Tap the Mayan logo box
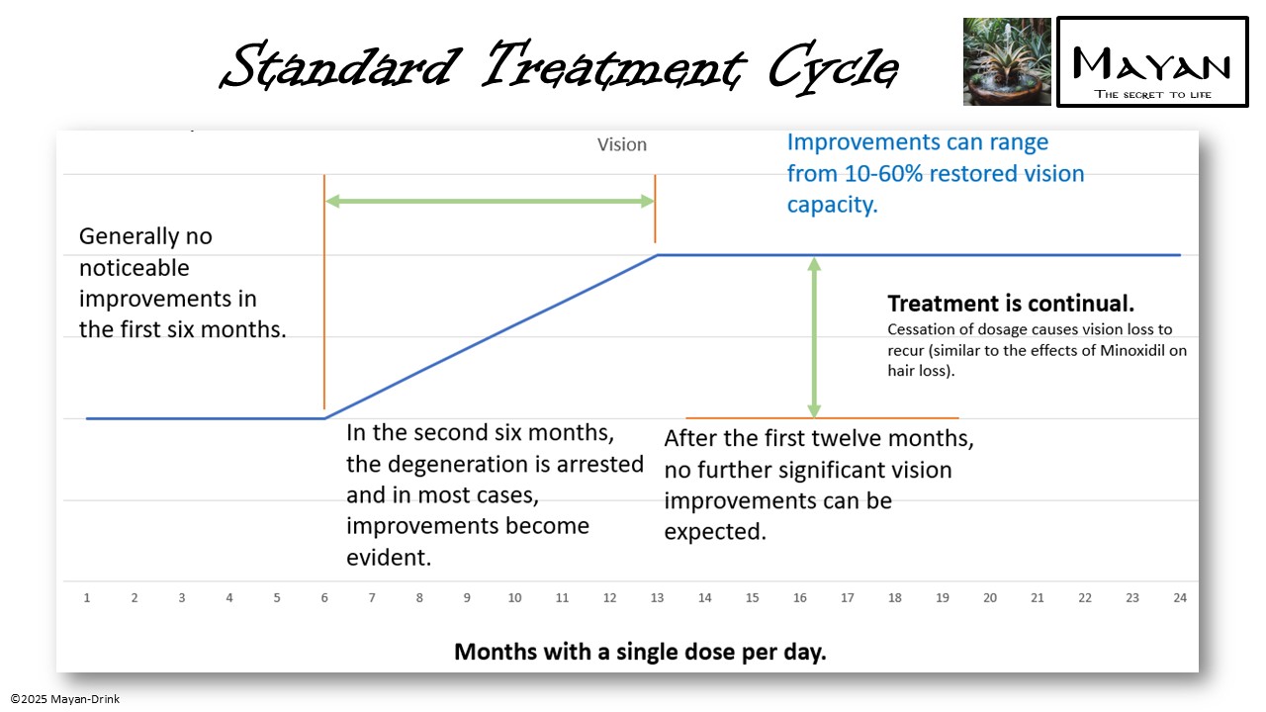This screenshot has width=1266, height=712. (x=1152, y=61)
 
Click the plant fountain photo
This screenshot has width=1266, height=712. (x=1007, y=61)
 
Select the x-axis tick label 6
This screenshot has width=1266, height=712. (x=324, y=598)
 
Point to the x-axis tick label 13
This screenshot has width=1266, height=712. (x=657, y=598)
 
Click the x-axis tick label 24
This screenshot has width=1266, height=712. (x=1179, y=598)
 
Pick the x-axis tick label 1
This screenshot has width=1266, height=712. (x=87, y=598)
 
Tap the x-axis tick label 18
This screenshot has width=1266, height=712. (x=894, y=598)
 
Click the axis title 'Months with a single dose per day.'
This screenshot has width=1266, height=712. (x=640, y=653)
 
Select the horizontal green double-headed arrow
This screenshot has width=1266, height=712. (x=490, y=201)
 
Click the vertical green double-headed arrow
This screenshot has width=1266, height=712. (x=814, y=336)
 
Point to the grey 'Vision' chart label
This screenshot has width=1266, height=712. (x=621, y=144)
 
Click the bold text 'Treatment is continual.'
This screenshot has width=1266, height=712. (x=1010, y=304)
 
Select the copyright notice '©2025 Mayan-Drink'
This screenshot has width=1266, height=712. (x=65, y=699)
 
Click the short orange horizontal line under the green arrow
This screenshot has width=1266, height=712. (x=821, y=418)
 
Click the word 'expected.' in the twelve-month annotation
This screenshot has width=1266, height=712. (x=715, y=531)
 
